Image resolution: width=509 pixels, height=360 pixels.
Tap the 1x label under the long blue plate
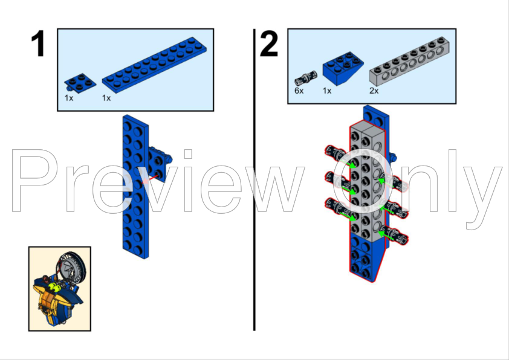point(106,98)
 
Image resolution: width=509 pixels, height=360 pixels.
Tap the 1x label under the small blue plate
point(69,98)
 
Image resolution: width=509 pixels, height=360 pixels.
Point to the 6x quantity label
point(299,91)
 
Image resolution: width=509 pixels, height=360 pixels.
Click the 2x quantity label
point(374,91)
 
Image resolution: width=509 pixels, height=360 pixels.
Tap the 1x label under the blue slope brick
point(328,91)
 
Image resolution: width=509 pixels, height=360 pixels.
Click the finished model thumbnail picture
point(59,288)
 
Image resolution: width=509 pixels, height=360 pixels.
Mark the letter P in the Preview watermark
point(36,181)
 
